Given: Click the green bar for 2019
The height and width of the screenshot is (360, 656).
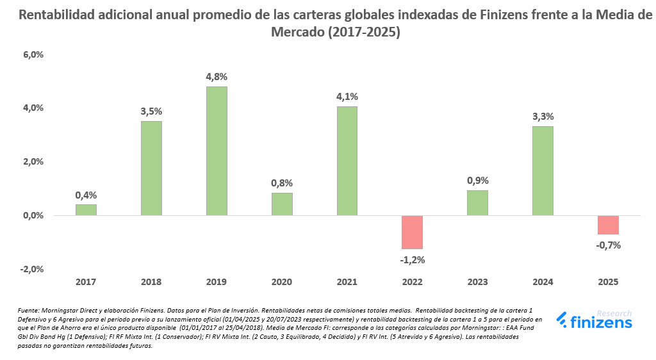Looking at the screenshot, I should (217, 151).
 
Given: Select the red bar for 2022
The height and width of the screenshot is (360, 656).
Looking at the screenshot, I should (413, 232).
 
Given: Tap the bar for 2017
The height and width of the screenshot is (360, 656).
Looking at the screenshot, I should (86, 210).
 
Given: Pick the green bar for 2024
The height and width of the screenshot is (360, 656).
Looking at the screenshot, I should (543, 171).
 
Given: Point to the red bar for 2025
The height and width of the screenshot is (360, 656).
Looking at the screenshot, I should (609, 225).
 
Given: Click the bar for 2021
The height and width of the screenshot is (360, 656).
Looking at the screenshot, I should (347, 161).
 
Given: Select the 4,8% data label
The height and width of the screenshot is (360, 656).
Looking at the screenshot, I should (217, 76).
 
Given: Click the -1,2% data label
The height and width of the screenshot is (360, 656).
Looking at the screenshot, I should (413, 259).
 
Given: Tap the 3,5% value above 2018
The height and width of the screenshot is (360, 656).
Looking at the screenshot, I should (151, 111).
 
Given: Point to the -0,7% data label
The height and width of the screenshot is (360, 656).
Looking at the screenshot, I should (609, 245).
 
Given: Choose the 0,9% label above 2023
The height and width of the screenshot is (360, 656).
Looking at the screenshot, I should (478, 181).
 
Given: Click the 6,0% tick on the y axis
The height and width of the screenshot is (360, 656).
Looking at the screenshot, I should (33, 55).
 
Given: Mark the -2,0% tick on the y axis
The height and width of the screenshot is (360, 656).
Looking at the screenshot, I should (31, 269).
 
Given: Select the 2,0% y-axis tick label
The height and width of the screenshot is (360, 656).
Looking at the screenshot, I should (33, 162).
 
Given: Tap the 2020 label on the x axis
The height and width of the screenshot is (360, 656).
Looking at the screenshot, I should (282, 281).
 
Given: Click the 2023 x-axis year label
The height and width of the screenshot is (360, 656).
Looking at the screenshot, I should (478, 281).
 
